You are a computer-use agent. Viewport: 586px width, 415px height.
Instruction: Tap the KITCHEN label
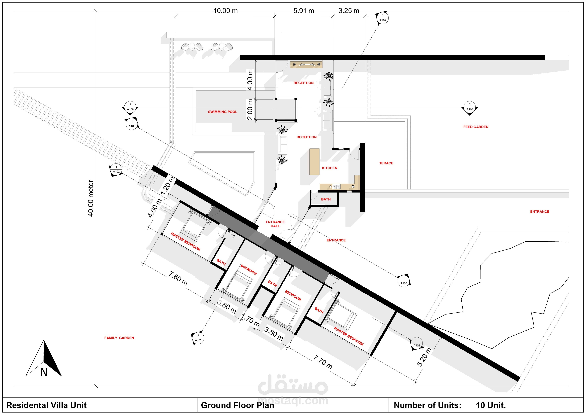(x=329, y=168)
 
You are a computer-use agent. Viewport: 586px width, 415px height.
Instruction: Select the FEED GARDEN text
(x=476, y=127)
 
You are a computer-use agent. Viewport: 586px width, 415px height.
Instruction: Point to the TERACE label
(x=386, y=163)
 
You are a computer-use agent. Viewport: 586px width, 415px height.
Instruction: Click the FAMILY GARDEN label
(x=119, y=338)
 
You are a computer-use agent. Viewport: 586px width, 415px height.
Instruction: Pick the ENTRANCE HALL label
(x=275, y=224)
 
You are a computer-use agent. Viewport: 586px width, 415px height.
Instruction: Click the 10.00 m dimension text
(x=225, y=11)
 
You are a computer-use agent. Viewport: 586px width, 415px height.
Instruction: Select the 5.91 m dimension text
(x=304, y=11)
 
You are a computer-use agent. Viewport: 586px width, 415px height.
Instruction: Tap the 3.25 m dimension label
(x=349, y=11)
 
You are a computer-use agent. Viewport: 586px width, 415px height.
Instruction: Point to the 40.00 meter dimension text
(x=91, y=198)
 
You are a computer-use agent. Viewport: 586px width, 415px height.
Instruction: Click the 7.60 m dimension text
(x=178, y=278)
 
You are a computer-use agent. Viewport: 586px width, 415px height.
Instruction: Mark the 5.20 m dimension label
(x=424, y=357)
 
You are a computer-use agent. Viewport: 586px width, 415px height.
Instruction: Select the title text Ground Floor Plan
(x=237, y=405)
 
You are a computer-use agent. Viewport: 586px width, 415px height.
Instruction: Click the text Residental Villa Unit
(x=46, y=405)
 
